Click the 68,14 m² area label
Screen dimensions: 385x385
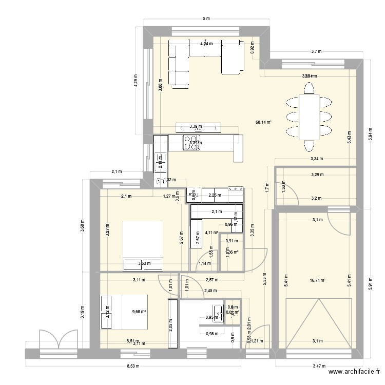click(263, 123)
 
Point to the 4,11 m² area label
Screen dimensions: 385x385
click(211, 233)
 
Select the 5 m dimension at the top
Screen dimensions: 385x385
click(206, 19)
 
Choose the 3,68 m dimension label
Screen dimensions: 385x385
click(82, 225)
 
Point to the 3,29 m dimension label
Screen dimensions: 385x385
click(318, 175)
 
